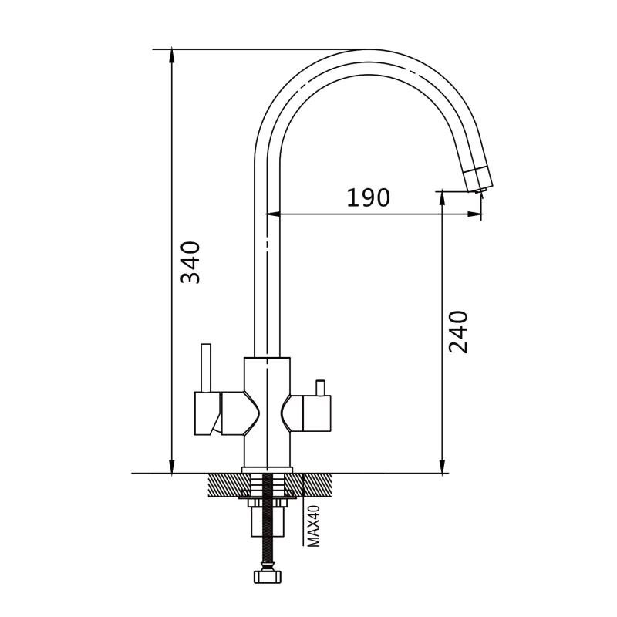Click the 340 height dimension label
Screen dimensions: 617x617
190,262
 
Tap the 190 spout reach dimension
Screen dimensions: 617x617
369,197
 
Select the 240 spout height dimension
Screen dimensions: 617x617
458,332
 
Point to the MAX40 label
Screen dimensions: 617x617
313,526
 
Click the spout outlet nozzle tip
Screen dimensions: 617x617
478,190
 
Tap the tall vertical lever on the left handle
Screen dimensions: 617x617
206,368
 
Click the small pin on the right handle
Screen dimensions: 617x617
321,388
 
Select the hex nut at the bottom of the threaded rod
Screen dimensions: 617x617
268,577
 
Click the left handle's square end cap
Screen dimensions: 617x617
207,413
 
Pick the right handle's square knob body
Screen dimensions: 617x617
316,413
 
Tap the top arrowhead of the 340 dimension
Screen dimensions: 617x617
171,56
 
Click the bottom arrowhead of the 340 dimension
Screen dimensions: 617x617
171,467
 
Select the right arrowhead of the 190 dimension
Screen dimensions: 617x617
474,214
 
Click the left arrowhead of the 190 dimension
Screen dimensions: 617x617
273,214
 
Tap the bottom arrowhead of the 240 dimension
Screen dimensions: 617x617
443,467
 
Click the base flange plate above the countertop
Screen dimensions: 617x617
267,470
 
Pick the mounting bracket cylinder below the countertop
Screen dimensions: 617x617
268,521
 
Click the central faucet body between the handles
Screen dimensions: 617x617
267,413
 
